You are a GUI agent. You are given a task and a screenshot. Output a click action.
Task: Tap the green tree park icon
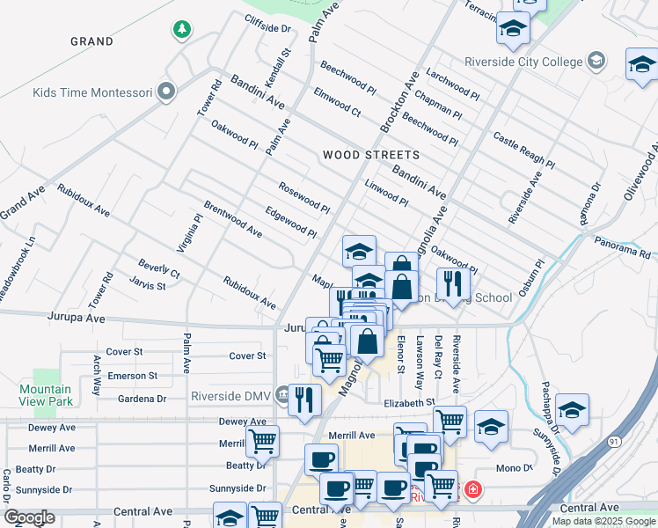coord(181,30)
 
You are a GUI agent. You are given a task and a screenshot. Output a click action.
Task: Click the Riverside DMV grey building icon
coord(281,392)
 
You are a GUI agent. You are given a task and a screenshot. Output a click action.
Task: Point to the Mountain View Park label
coord(46,395)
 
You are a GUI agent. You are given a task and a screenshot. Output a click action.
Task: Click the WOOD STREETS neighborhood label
coord(370,155)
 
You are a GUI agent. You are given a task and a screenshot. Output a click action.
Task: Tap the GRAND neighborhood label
coord(91,41)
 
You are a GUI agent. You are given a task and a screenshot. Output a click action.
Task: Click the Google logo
coord(29,517)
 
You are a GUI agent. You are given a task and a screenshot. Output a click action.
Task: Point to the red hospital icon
coord(473,488)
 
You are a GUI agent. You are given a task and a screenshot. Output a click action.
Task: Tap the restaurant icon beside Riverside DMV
coord(304,399)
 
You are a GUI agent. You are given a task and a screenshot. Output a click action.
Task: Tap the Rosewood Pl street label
coord(303,198)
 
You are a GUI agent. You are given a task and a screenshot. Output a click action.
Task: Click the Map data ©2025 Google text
coord(603,520)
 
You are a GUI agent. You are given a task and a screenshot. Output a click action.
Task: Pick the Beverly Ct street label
coord(158,268)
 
